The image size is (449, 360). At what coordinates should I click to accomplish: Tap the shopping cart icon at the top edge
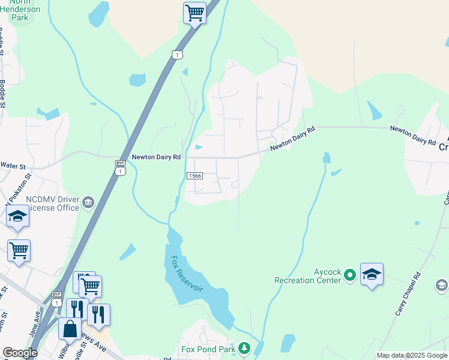click(194, 12)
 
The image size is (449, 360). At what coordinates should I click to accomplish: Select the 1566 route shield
click(194, 176)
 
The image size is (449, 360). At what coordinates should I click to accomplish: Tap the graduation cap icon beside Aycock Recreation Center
click(372, 275)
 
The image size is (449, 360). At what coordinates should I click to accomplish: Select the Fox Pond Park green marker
click(244, 348)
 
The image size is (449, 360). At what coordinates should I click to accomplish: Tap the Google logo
click(20, 353)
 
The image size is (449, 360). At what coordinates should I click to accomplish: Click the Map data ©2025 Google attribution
click(412, 355)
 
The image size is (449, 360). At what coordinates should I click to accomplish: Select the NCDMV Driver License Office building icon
click(88, 202)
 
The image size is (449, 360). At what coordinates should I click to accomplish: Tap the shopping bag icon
click(70, 329)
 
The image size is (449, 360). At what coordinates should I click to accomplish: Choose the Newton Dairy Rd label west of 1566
click(156, 157)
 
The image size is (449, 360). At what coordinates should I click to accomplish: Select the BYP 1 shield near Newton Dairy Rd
click(121, 168)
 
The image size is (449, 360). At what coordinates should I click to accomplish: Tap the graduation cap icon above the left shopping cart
click(18, 217)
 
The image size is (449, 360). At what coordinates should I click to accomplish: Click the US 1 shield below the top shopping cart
click(176, 55)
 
